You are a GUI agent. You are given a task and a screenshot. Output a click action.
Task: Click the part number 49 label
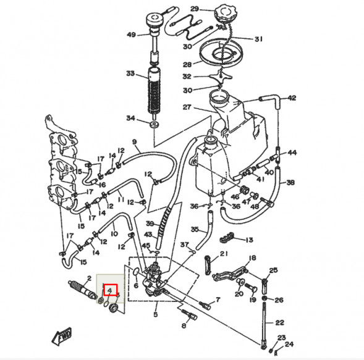tap(131, 35)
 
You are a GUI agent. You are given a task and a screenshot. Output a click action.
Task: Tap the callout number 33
tap(130, 74)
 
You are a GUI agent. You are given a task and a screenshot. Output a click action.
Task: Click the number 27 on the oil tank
tap(187, 107)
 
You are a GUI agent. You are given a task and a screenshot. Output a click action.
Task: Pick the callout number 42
tap(292, 98)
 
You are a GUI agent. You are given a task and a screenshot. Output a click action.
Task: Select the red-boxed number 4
tap(109, 289)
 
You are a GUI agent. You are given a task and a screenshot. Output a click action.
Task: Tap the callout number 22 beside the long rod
tap(279, 323)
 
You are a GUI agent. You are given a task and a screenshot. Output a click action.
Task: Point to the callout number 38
tap(290, 183)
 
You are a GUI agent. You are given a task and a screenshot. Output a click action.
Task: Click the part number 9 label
tap(134, 143)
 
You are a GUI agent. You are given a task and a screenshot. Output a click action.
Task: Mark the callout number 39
tap(150, 223)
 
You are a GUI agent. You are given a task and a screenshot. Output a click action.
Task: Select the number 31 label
tap(258, 39)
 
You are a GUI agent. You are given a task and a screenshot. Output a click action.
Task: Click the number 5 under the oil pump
tap(155, 314)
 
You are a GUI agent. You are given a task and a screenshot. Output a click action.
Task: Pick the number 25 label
tap(274, 270)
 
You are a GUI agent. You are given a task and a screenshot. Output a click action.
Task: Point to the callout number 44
tap(292, 153)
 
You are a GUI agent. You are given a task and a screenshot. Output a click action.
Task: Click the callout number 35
tap(194, 229)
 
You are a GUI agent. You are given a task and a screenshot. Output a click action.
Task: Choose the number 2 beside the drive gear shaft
tap(89, 279)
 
